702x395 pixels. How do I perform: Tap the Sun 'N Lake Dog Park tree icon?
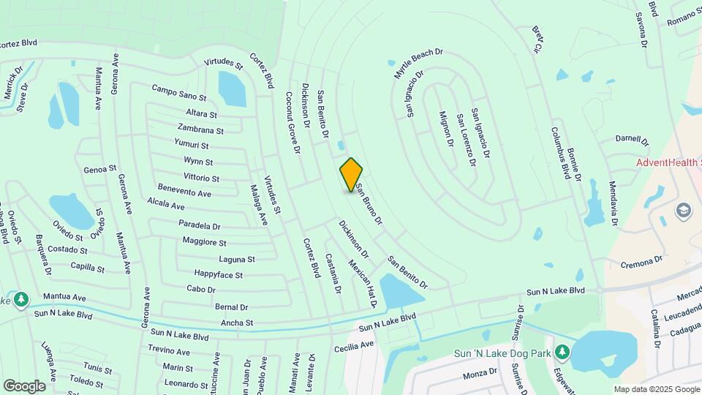(563, 353)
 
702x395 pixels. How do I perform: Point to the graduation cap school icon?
(684, 211)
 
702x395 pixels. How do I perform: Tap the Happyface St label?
(218, 274)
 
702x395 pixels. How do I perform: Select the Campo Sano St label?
(179, 92)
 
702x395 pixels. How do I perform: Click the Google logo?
(24, 385)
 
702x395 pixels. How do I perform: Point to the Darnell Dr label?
(632, 139)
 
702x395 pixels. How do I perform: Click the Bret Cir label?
(537, 41)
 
